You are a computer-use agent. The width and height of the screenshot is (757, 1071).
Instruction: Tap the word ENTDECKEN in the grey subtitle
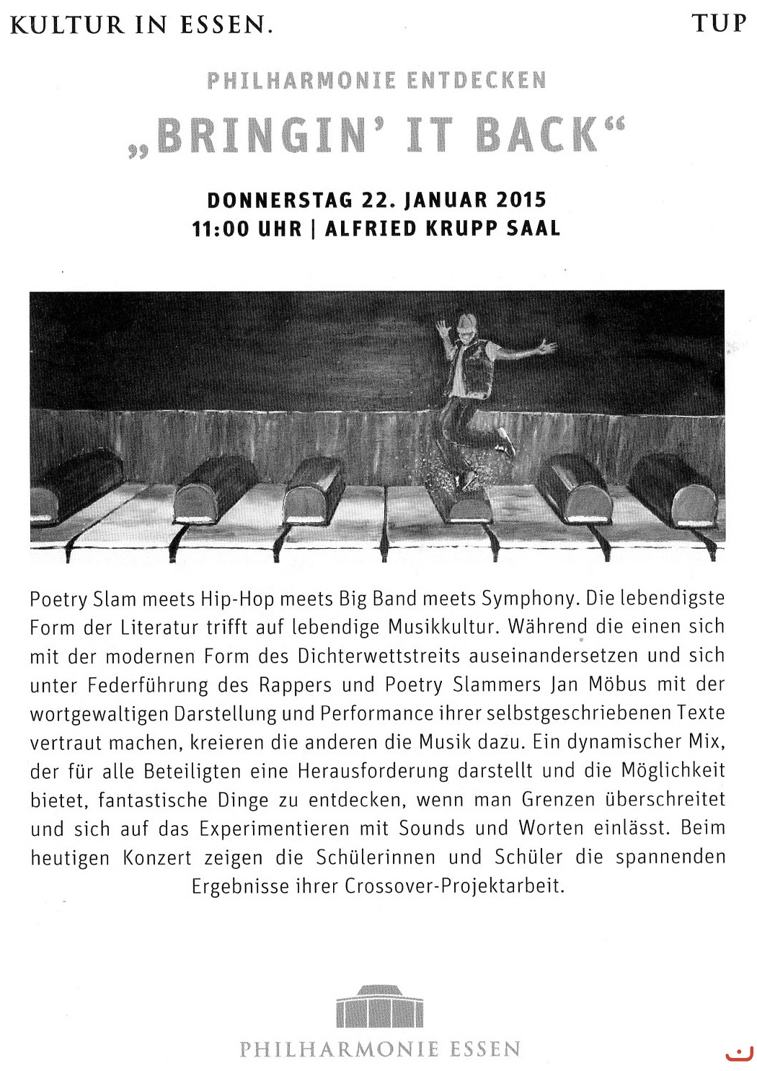[477, 80]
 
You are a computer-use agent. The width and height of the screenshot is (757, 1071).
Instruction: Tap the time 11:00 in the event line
[220, 229]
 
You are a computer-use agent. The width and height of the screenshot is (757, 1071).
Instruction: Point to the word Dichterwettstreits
[379, 656]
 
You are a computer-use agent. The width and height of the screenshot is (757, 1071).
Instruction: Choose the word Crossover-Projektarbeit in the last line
[454, 886]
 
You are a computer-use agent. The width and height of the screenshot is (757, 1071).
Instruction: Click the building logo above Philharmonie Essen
[380, 1006]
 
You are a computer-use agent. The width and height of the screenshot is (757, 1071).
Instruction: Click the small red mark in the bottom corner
[738, 1055]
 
